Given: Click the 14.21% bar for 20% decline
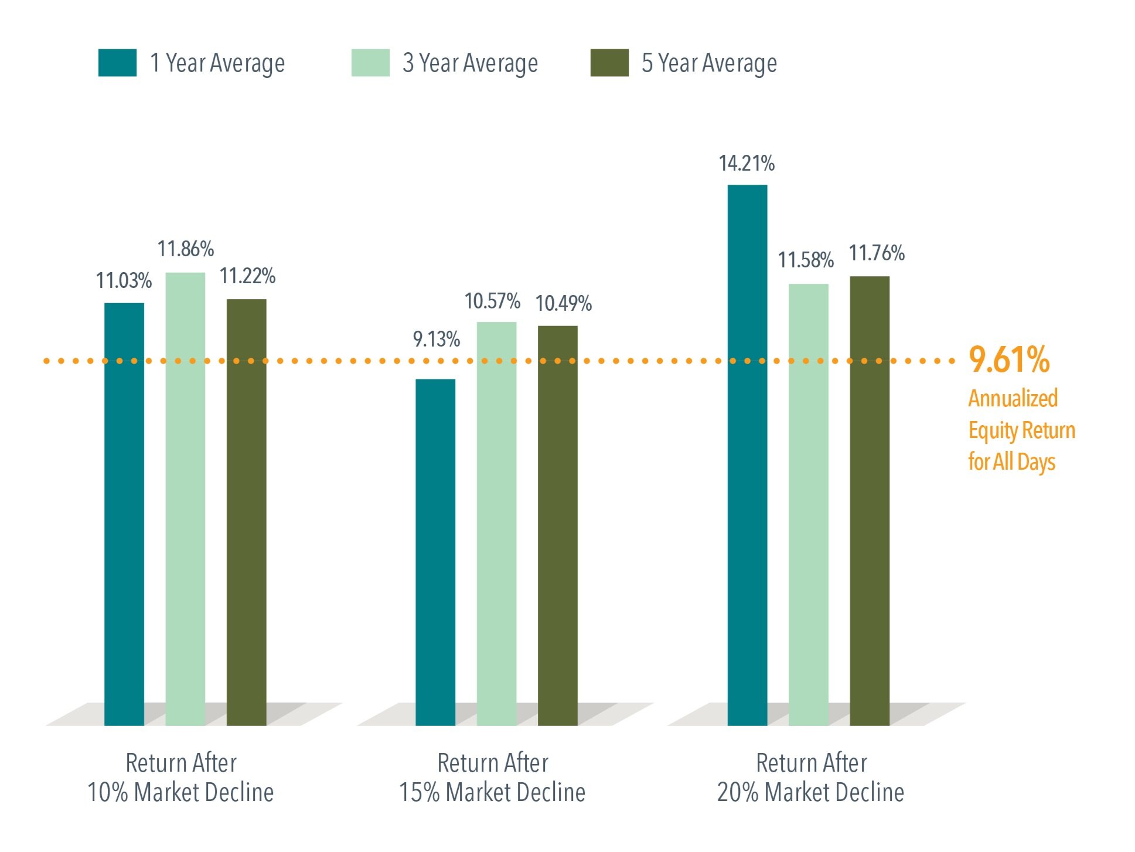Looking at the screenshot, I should pyautogui.click(x=747, y=454).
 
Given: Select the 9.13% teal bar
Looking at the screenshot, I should pyautogui.click(x=435, y=551).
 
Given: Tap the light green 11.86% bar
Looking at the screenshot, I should pyautogui.click(x=185, y=498).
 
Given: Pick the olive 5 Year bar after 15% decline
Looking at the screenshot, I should pyautogui.click(x=557, y=525).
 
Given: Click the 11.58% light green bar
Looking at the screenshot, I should pyautogui.click(x=808, y=504).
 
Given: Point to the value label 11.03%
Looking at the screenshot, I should pyautogui.click(x=124, y=281).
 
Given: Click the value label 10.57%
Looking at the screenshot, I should pyautogui.click(x=492, y=301).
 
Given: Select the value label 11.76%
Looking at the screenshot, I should pyautogui.click(x=877, y=253).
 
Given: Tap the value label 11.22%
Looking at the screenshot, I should pyautogui.click(x=247, y=276).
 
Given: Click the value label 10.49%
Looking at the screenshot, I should pyautogui.click(x=563, y=304).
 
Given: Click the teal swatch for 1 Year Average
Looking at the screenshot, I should pyautogui.click(x=117, y=63).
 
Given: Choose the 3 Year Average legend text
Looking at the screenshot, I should pyautogui.click(x=470, y=63).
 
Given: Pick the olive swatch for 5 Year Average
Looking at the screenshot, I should pyautogui.click(x=609, y=63).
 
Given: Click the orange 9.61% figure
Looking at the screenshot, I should pyautogui.click(x=1008, y=359).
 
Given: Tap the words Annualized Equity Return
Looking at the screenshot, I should pyautogui.click(x=1021, y=415).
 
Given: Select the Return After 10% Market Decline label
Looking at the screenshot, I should pyautogui.click(x=180, y=778).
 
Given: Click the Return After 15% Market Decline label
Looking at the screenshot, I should pyautogui.click(x=492, y=778).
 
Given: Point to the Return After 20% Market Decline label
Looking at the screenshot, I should pyautogui.click(x=810, y=778).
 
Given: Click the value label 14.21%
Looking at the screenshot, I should pyautogui.click(x=747, y=164).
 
